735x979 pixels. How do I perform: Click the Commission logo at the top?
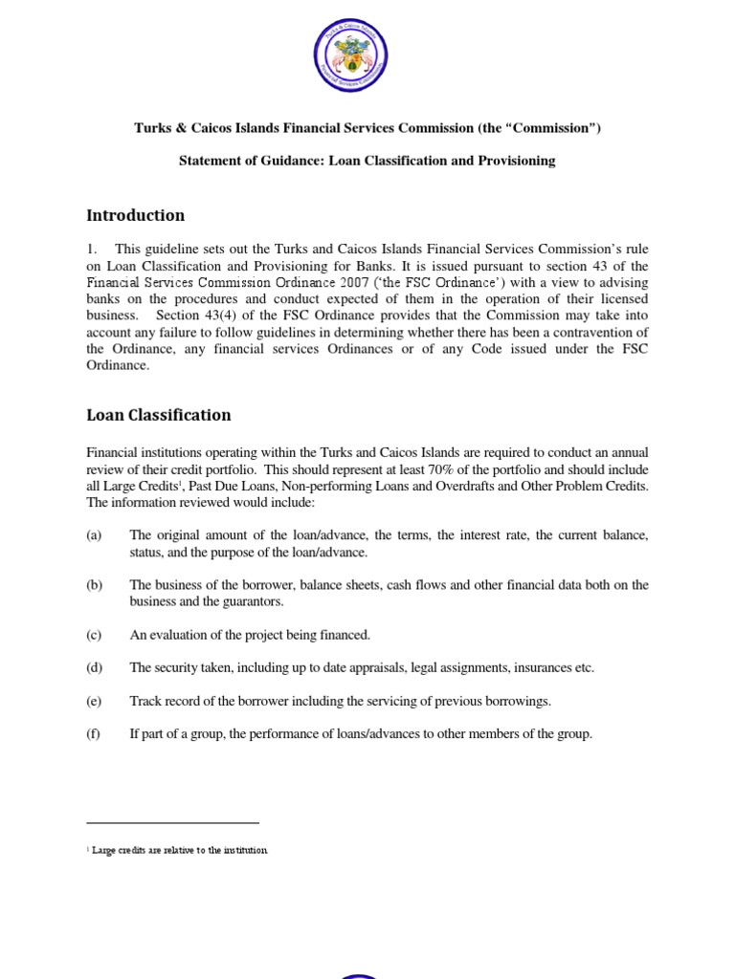point(367,60)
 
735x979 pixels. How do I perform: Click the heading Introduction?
point(135,215)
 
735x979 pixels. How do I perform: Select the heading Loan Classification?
point(158,415)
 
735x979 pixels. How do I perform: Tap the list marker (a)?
point(94,535)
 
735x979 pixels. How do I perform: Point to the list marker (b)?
point(94,585)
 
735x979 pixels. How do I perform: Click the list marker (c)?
point(94,635)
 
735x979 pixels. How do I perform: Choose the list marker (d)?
point(94,667)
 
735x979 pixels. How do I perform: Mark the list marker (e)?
point(94,701)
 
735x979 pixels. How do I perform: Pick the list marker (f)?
point(94,734)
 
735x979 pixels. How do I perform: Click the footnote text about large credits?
point(179,850)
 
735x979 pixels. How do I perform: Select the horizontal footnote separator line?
point(172,822)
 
